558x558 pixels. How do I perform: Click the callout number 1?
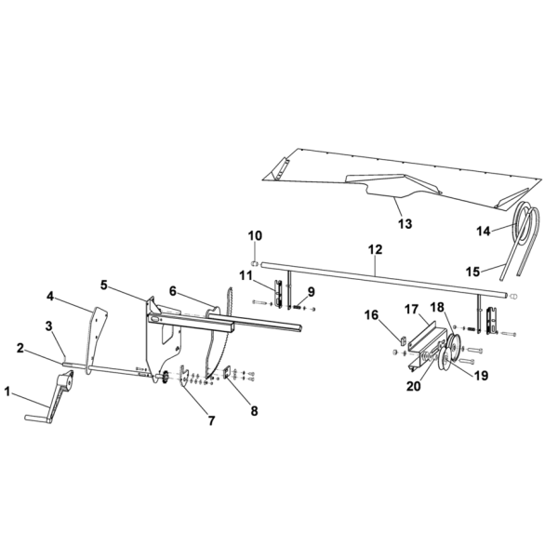coord(7,392)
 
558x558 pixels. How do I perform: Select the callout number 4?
coord(50,297)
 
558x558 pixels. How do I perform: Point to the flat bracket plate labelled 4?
coord(96,339)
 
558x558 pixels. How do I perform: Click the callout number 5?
coord(104,286)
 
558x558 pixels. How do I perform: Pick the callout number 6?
coord(173,291)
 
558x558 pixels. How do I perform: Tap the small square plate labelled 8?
coord(227,373)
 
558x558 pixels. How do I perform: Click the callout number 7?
coord(212,421)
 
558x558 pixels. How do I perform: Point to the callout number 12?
coord(376,249)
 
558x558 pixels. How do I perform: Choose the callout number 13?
coord(405,224)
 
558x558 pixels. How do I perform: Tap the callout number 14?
coord(484,232)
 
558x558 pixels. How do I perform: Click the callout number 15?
coord(473,272)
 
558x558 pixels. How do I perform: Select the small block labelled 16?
coord(403,340)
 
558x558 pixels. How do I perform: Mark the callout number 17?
coord(411,310)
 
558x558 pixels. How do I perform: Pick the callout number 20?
coord(414,387)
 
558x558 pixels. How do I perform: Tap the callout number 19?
coord(481,376)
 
